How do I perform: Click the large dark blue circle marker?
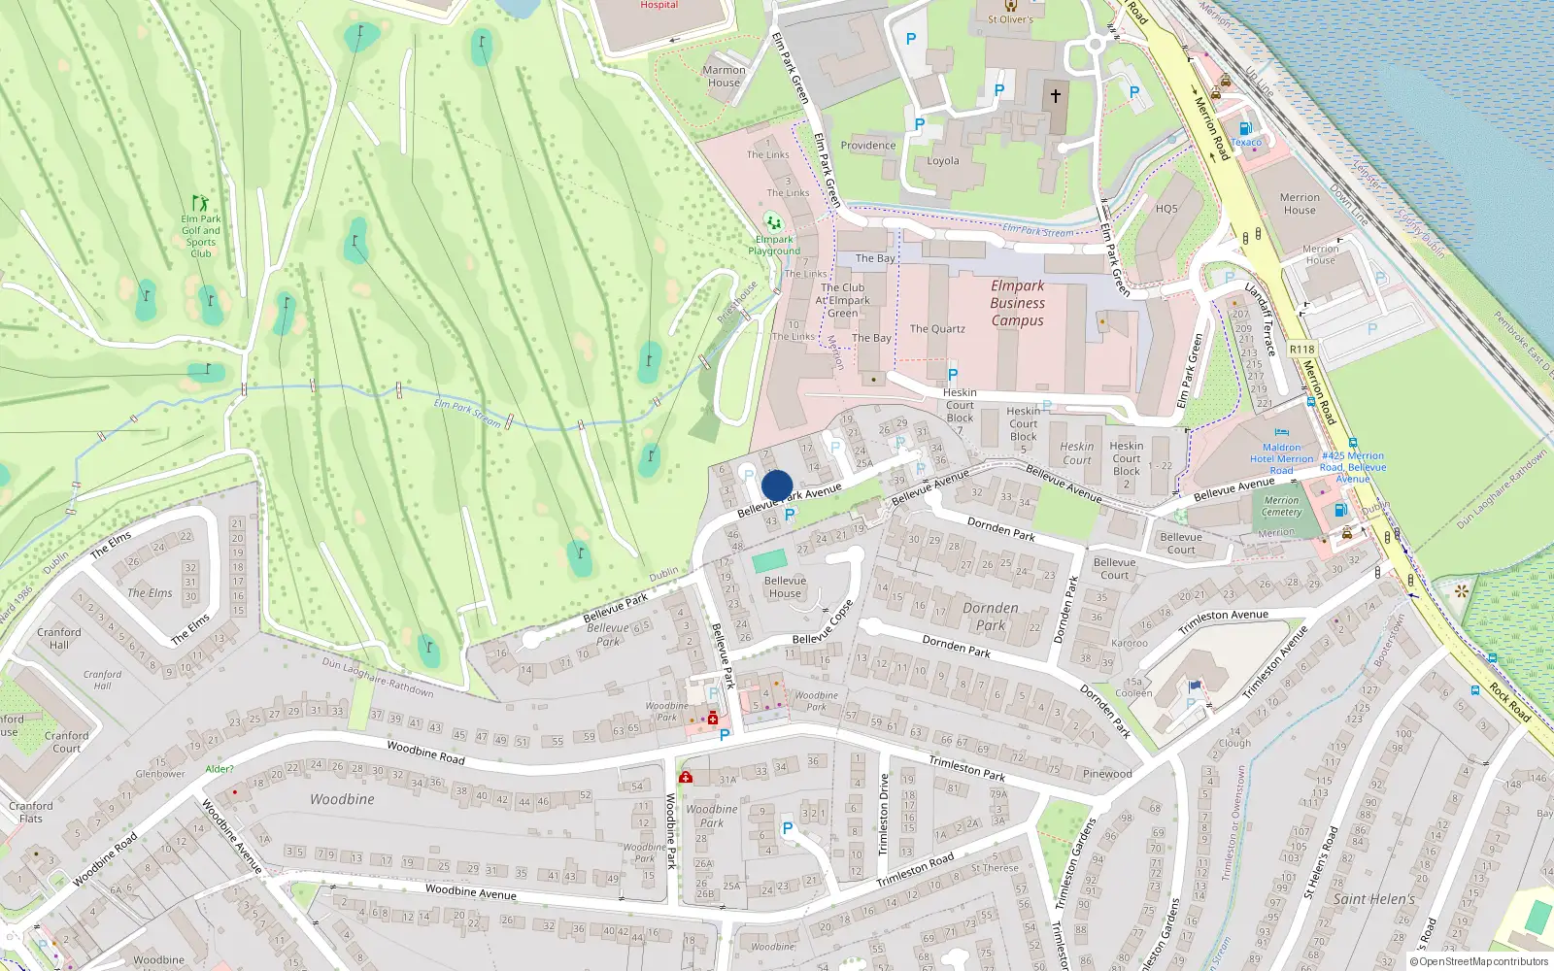(777, 485)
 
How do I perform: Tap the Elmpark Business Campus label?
(1017, 303)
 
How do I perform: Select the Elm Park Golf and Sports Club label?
(200, 236)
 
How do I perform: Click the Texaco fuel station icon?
(1245, 128)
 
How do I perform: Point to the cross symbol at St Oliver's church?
(1056, 96)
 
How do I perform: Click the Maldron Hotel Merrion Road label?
(1281, 459)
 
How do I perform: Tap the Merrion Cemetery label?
(1281, 506)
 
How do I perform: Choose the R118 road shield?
(1301, 350)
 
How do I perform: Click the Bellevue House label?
(785, 586)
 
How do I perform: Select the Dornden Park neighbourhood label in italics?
(991, 617)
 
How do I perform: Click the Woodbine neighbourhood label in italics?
(342, 799)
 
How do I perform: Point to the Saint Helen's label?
(1373, 899)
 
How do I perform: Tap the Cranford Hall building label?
(59, 638)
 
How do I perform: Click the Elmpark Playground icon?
(773, 221)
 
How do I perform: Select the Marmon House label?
(724, 76)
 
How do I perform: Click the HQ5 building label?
(1166, 209)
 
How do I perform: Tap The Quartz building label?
(937, 329)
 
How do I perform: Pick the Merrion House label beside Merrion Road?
(1300, 203)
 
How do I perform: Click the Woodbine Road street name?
(425, 753)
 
